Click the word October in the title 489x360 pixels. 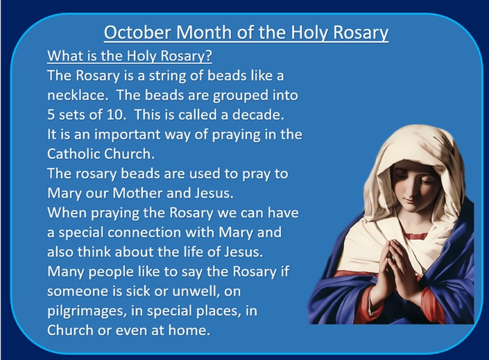(x=138, y=32)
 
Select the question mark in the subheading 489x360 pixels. (x=209, y=56)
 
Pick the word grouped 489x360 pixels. (x=239, y=96)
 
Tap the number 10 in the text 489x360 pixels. (x=116, y=115)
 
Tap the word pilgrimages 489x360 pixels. (x=87, y=311)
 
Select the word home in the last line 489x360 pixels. (x=189, y=330)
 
